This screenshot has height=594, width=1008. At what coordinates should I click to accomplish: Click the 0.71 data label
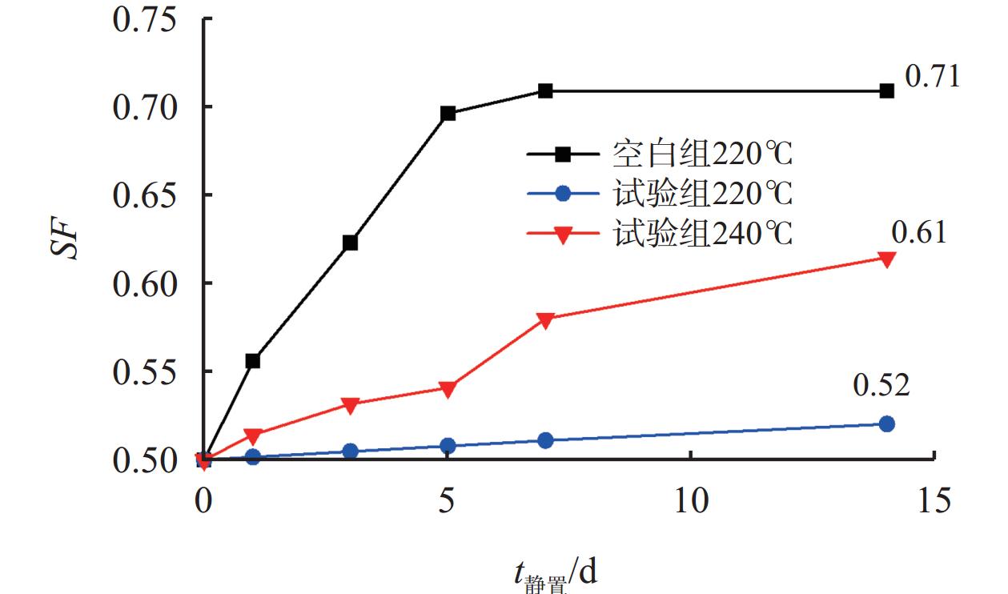[x=932, y=78]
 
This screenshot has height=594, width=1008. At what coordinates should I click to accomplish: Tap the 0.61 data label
[x=919, y=232]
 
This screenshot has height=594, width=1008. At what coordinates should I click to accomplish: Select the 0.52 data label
[x=881, y=386]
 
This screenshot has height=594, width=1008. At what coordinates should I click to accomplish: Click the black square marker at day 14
[x=886, y=91]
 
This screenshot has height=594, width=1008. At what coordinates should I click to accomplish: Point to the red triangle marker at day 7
[x=545, y=320]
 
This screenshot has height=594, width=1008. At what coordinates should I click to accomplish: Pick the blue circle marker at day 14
[x=886, y=423]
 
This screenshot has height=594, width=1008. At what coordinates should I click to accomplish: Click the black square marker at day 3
[x=350, y=243]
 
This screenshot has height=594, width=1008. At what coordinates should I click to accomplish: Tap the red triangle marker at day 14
[x=886, y=259]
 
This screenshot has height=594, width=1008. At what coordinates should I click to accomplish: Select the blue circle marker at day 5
[x=448, y=446]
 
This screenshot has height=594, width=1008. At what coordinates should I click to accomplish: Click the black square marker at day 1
[x=253, y=361]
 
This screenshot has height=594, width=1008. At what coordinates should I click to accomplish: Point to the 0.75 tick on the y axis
[x=144, y=19]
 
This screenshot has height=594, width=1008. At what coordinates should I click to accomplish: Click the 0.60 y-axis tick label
[x=144, y=283]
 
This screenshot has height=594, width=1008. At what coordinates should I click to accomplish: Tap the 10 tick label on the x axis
[x=691, y=501]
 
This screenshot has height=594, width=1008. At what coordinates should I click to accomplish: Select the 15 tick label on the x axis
[x=934, y=501]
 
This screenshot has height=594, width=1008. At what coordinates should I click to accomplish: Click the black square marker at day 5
[x=448, y=114]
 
